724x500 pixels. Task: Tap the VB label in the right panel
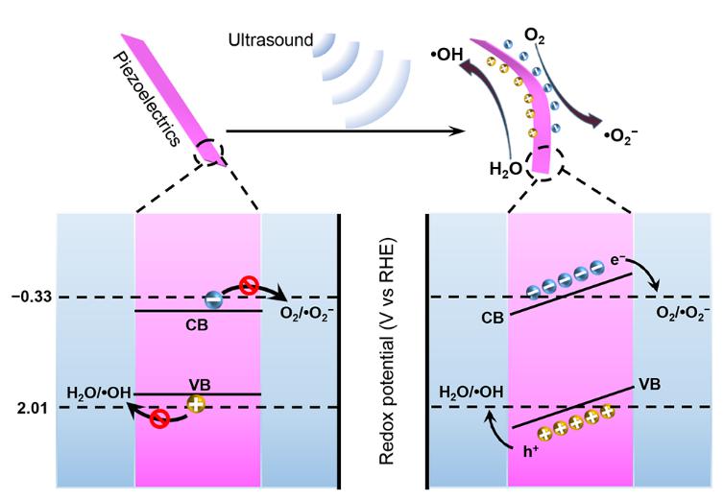(x=650, y=381)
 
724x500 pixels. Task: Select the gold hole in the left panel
(x=196, y=405)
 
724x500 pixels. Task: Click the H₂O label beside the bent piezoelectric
(x=505, y=169)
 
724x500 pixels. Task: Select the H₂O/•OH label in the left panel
(x=99, y=393)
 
